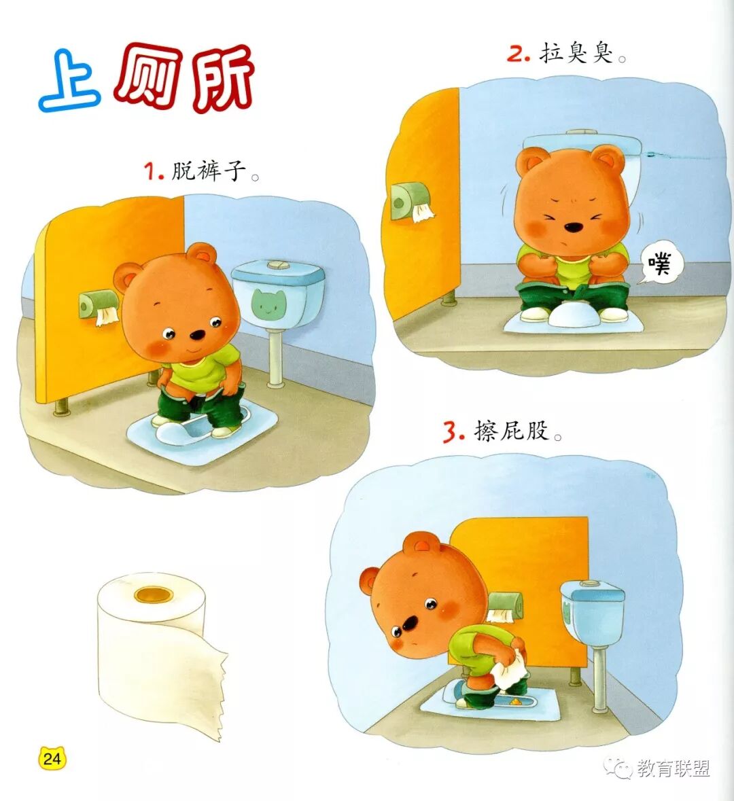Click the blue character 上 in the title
coord(69,82)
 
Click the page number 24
coord(52,758)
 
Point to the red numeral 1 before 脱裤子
coord(152,172)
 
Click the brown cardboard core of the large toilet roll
coord(154,594)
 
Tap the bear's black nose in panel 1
coord(197,335)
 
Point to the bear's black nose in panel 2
coord(574,226)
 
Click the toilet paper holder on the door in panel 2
coord(409,203)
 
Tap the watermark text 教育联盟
coord(674,768)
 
